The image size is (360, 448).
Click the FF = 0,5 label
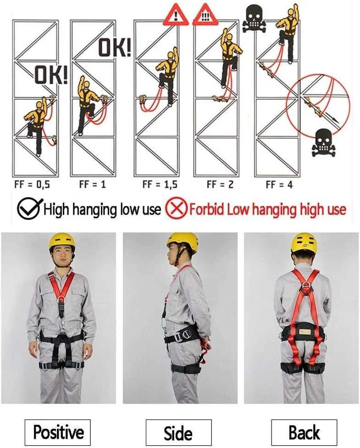coord(32,185)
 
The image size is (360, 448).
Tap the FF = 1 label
coord(93,184)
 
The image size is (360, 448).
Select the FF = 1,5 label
coord(160,185)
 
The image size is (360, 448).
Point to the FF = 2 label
coord(220,185)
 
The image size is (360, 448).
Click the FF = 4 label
coord(279,185)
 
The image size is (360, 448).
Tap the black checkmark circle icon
coord(29,208)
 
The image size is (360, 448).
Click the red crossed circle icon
coord(177,209)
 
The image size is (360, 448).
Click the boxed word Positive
coord(58,432)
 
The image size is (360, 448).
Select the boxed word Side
coord(178,432)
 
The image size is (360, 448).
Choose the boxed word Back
coord(304,432)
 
